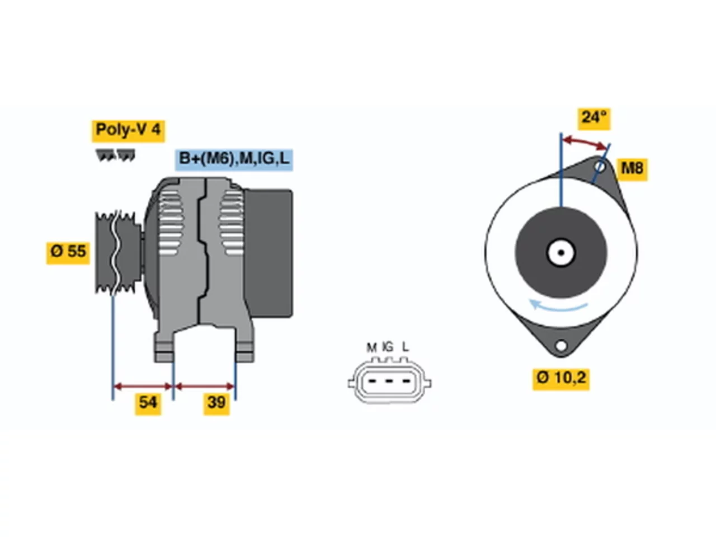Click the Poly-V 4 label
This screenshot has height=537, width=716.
pyautogui.click(x=128, y=131)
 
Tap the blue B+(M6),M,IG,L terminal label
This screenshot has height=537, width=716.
pyautogui.click(x=234, y=160)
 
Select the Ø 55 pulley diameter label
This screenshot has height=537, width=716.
pyautogui.click(x=68, y=253)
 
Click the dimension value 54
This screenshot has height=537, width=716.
pyautogui.click(x=148, y=404)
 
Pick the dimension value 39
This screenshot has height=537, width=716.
pyautogui.click(x=216, y=404)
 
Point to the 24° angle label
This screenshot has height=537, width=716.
pyautogui.click(x=593, y=119)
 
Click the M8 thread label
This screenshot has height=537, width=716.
pyautogui.click(x=632, y=169)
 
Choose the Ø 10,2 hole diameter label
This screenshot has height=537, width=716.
pyautogui.click(x=560, y=379)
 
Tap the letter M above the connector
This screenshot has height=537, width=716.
pyautogui.click(x=371, y=348)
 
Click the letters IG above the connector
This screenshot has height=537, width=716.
pyautogui.click(x=388, y=347)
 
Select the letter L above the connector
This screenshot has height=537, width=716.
pyautogui.click(x=405, y=347)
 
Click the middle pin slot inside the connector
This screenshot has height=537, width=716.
pyautogui.click(x=389, y=381)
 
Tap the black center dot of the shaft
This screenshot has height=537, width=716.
pyautogui.click(x=561, y=253)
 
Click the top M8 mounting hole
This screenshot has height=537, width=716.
pyautogui.click(x=600, y=167)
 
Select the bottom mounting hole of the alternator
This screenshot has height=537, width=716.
pyautogui.click(x=560, y=345)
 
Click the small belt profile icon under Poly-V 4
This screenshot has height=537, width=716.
pyautogui.click(x=115, y=155)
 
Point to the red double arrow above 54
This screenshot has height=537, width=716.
pyautogui.click(x=143, y=387)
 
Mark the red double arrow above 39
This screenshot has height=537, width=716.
pyautogui.click(x=205, y=387)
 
